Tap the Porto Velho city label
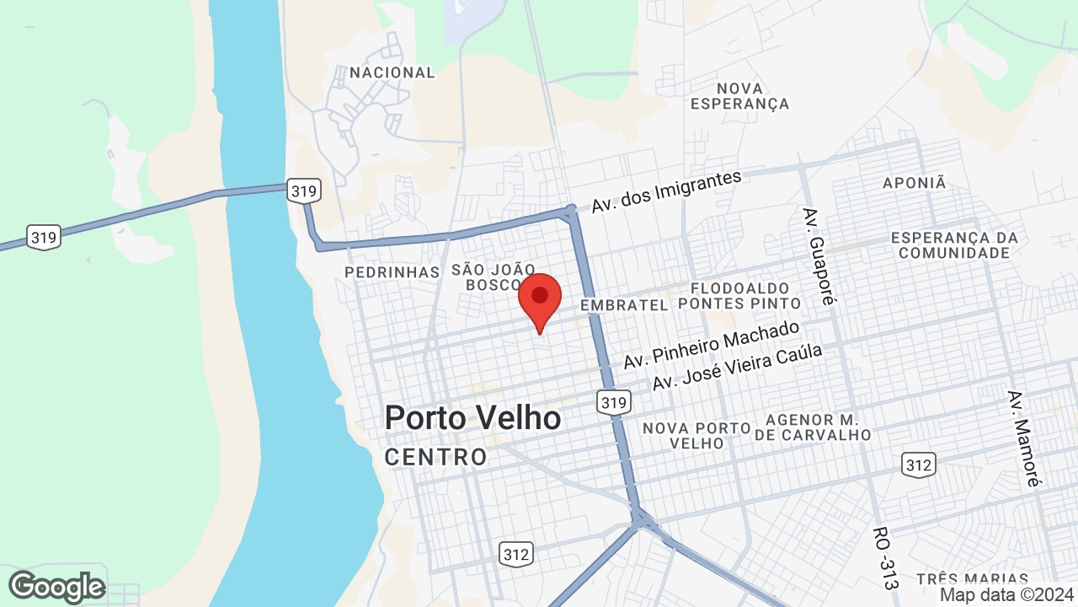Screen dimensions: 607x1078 pyautogui.click(x=472, y=417)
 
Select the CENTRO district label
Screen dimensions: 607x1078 pyautogui.click(x=435, y=457)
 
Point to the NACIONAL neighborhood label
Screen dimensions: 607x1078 pyautogui.click(x=392, y=73)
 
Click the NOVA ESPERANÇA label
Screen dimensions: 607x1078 pyautogui.click(x=739, y=96)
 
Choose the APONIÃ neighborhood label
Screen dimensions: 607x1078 pyautogui.click(x=915, y=183)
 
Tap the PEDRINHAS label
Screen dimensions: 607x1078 pyautogui.click(x=392, y=271)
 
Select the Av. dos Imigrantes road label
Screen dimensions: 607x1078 pyautogui.click(x=665, y=191)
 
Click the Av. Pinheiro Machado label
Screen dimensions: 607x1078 pyautogui.click(x=711, y=345)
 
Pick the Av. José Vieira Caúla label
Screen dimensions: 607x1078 pyautogui.click(x=737, y=368)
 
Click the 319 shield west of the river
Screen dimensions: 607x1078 pyautogui.click(x=43, y=238)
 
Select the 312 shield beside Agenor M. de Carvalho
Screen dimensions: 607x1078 pyautogui.click(x=918, y=465)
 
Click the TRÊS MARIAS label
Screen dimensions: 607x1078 pyautogui.click(x=972, y=579)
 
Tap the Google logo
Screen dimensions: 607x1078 pyautogui.click(x=57, y=587)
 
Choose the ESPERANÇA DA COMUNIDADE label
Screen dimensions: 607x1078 pyautogui.click(x=954, y=244)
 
